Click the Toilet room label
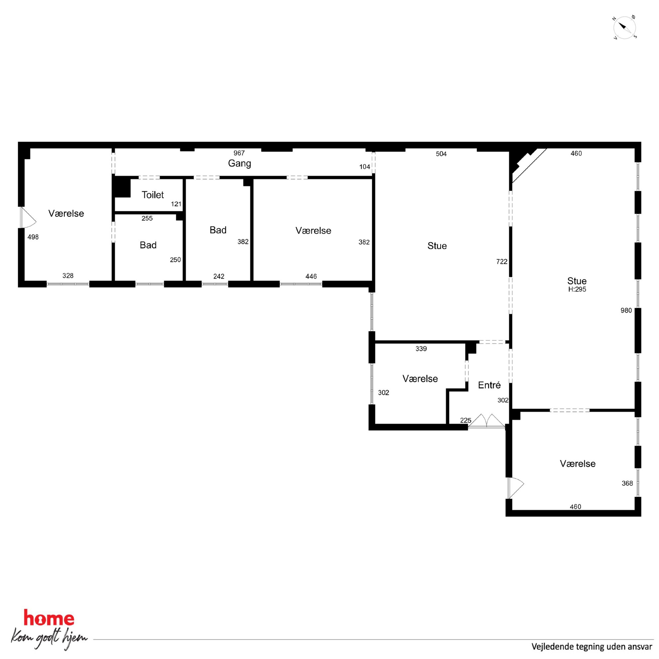pos(152,195)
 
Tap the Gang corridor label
pos(239,163)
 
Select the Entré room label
pos(489,385)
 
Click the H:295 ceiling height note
pos(577,289)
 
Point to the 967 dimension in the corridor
pos(239,153)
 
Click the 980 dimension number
pos(626,310)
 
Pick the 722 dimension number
pos(502,262)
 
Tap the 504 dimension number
pos(441,154)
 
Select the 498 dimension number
pos(33,237)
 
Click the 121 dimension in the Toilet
pos(176,204)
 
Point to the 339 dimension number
pos(421,349)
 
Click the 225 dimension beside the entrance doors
pos(466,421)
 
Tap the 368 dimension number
pos(627,483)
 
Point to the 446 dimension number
pos(311,276)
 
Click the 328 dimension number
pos(68,276)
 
